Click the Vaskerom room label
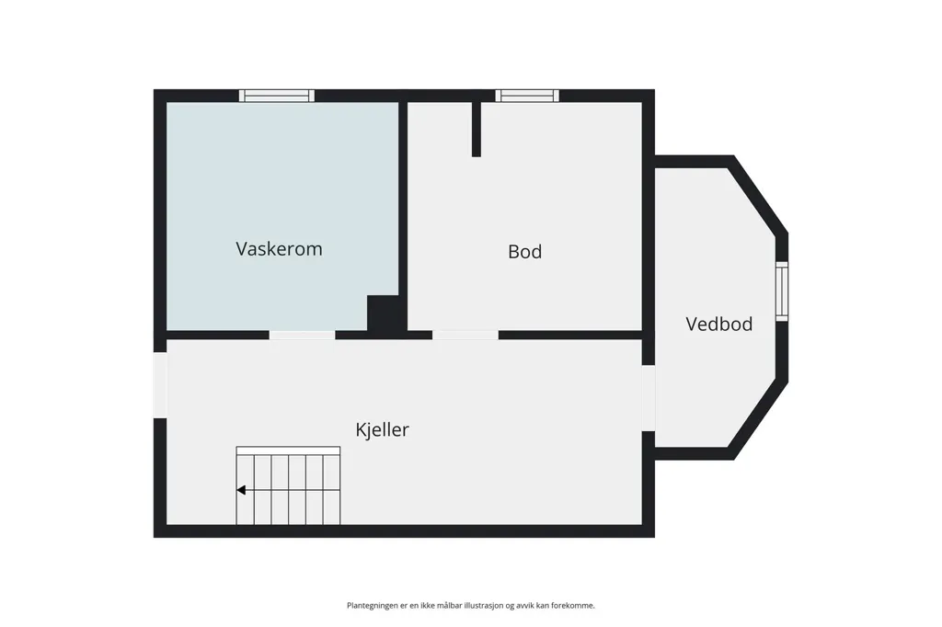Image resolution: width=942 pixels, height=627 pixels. click(279, 248)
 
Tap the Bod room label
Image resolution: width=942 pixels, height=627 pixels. click(524, 252)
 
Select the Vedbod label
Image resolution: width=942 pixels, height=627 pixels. click(718, 325)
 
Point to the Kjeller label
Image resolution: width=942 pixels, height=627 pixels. click(382, 429)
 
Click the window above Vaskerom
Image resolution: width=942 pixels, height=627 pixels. click(276, 96)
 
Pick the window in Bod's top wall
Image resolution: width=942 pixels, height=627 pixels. click(527, 96)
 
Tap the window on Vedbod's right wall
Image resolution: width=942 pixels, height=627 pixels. click(782, 291)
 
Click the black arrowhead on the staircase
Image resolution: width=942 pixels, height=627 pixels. click(241, 490)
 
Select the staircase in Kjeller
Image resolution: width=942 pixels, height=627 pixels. click(288, 485)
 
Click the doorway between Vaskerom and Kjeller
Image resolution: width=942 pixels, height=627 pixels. click(302, 336)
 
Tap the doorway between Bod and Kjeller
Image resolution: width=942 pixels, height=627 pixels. click(465, 336)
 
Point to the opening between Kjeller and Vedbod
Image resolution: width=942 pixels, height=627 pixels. click(649, 398)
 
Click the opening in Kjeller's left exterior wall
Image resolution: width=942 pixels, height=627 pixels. click(160, 385)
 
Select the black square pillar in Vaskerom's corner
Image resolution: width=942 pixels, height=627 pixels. click(383, 313)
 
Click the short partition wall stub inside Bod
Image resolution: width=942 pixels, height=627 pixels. click(477, 129)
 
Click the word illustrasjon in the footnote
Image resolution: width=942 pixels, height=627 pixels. click(484, 605)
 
